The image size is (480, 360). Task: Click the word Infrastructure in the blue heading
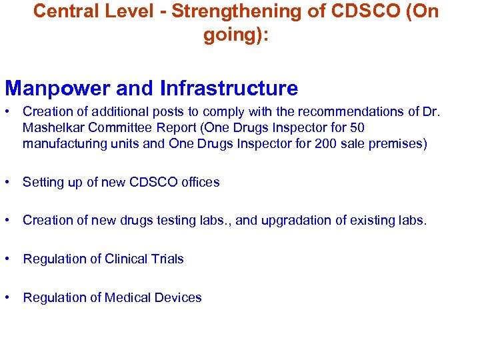229,88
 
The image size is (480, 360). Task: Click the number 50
357,127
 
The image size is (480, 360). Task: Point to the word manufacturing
61,143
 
